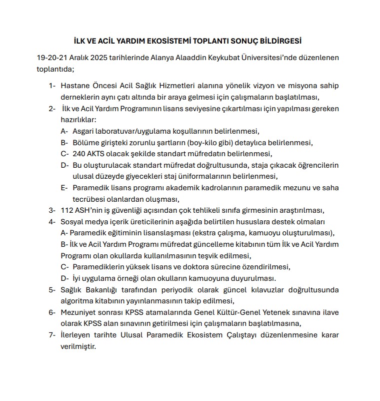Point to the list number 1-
(x=52, y=86)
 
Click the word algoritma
(x=77, y=300)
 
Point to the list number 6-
(x=52, y=312)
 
